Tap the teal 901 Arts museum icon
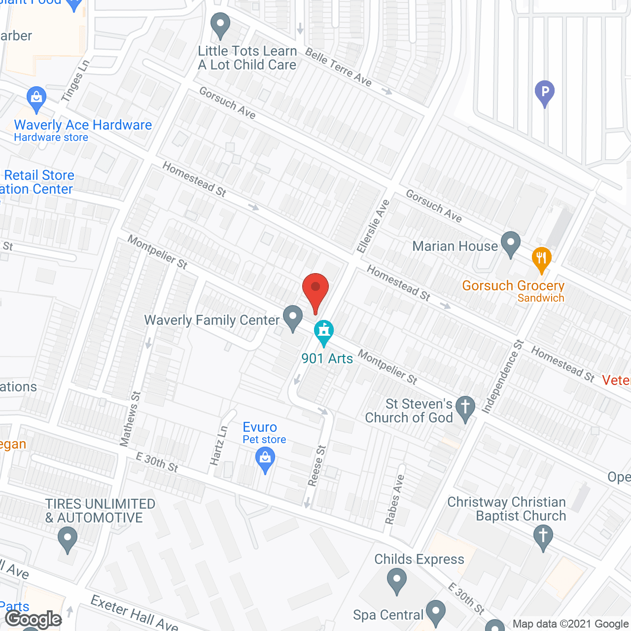coord(324,331)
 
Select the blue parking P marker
coord(545,92)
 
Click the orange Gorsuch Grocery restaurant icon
coord(541,258)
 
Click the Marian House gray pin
coord(511,243)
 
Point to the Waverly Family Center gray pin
coord(293,316)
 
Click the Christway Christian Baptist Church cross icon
coord(543,536)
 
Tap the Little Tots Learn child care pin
coord(220,24)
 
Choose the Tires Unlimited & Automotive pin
coord(68,538)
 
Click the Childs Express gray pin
coord(396,580)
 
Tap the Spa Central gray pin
coord(436,612)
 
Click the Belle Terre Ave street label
coord(338,67)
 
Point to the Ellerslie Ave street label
coord(373,226)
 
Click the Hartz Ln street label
coord(219,445)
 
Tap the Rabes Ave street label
coord(395,499)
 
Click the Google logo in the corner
coord(33,619)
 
